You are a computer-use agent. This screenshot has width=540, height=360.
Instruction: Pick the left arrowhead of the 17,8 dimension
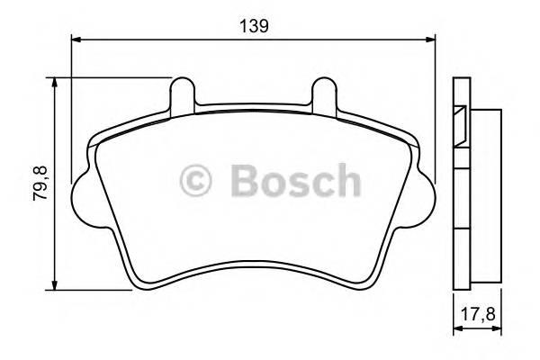[454, 331]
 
